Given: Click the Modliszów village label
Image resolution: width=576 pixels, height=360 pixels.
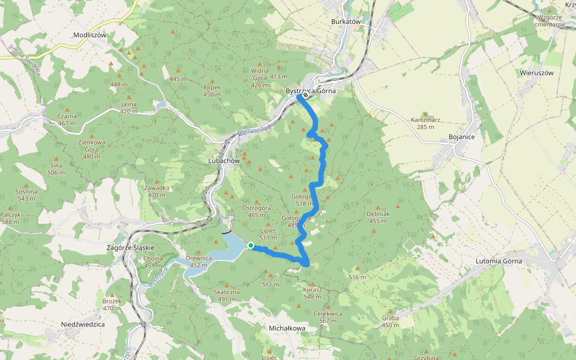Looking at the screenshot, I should coord(89,35).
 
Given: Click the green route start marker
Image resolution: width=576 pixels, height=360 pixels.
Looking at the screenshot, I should coord(250,245).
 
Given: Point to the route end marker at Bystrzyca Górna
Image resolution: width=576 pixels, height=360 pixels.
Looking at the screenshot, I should coord(306,95).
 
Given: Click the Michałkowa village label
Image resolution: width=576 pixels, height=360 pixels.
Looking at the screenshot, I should coord(287,328).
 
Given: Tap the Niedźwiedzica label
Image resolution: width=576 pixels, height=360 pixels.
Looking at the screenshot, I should coord(83,324).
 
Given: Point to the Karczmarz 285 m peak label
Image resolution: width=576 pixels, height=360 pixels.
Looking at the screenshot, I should coord(425,123).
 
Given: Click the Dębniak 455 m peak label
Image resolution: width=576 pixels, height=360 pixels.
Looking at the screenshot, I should coord(379,217).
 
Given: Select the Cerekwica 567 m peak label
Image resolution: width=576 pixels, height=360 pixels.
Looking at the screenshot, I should coord(328,317).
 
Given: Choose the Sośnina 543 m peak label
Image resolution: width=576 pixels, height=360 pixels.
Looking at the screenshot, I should coord(26,195).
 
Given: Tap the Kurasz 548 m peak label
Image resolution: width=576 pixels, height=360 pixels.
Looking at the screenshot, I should coord(313,293).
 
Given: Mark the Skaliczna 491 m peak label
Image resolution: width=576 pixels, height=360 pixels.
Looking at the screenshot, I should coord(227,295).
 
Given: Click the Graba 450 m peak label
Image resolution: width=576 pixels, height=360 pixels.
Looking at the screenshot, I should coord(390,322).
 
